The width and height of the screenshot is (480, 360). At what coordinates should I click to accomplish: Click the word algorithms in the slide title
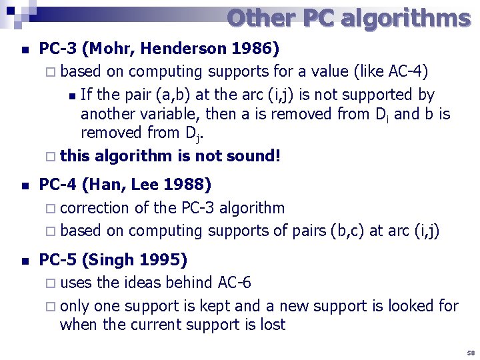pos(405,18)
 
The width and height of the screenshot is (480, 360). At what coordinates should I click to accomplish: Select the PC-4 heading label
pos(59,184)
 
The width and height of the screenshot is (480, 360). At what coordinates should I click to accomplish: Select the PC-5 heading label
pos(59,259)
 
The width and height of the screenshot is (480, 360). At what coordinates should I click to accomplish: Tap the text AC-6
pos(235,283)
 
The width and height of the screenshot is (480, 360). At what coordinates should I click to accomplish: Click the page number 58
pos(471,352)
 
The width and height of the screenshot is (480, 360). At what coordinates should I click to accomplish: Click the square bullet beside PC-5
pos(25,261)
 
